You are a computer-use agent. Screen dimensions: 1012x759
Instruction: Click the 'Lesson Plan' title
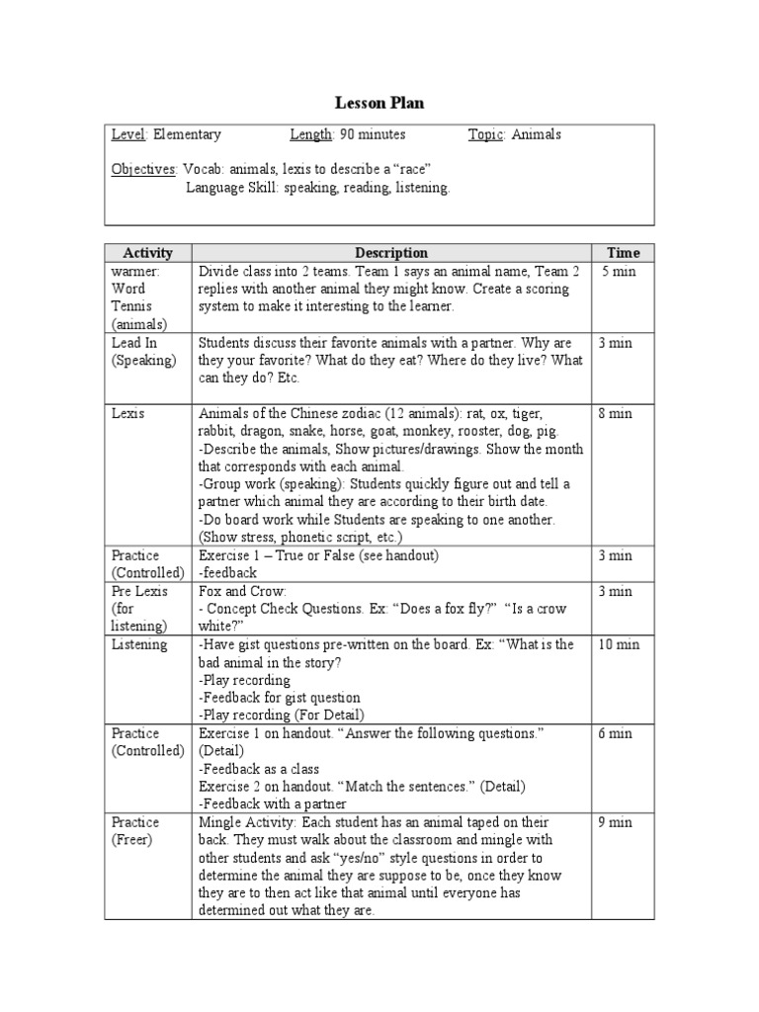click(379, 103)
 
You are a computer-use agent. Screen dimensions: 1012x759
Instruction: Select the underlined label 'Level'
click(127, 135)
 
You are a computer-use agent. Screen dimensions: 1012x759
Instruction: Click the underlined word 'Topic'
click(486, 135)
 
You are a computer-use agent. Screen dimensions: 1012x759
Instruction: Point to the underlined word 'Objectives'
click(144, 170)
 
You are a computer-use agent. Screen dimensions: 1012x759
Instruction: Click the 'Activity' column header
click(148, 253)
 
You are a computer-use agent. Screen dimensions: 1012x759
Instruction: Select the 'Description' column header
click(391, 253)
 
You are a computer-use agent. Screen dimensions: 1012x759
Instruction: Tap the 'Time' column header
click(623, 253)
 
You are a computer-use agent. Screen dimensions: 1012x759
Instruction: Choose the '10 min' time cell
click(619, 645)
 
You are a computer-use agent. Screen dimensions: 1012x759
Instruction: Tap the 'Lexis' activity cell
click(127, 414)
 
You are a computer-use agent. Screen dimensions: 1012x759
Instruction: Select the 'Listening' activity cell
click(139, 645)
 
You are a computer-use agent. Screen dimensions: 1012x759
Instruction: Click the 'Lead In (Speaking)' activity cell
click(143, 352)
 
